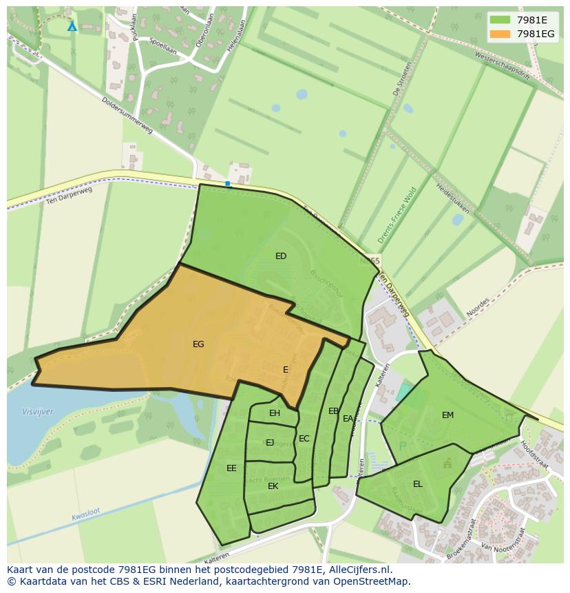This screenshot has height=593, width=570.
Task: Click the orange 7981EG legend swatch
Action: (500, 34)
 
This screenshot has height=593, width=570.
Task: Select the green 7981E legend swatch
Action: (500, 20)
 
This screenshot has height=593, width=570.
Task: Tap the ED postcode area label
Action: (281, 256)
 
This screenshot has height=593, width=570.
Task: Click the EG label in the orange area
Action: (198, 344)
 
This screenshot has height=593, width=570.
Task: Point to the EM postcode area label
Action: (448, 415)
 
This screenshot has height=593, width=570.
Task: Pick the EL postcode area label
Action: (418, 484)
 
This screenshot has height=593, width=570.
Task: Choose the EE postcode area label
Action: (231, 468)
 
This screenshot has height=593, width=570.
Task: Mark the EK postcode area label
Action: (273, 486)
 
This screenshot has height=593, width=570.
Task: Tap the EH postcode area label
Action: (275, 413)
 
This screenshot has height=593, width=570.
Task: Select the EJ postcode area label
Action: (270, 443)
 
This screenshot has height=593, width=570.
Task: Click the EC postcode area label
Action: (304, 439)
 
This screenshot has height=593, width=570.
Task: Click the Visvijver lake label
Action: (37, 412)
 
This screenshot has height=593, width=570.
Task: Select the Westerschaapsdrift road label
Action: (503, 66)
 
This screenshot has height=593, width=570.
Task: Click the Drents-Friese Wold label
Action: (397, 216)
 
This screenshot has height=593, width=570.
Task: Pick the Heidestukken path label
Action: (452, 199)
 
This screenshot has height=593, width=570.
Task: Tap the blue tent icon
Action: (72, 26)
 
